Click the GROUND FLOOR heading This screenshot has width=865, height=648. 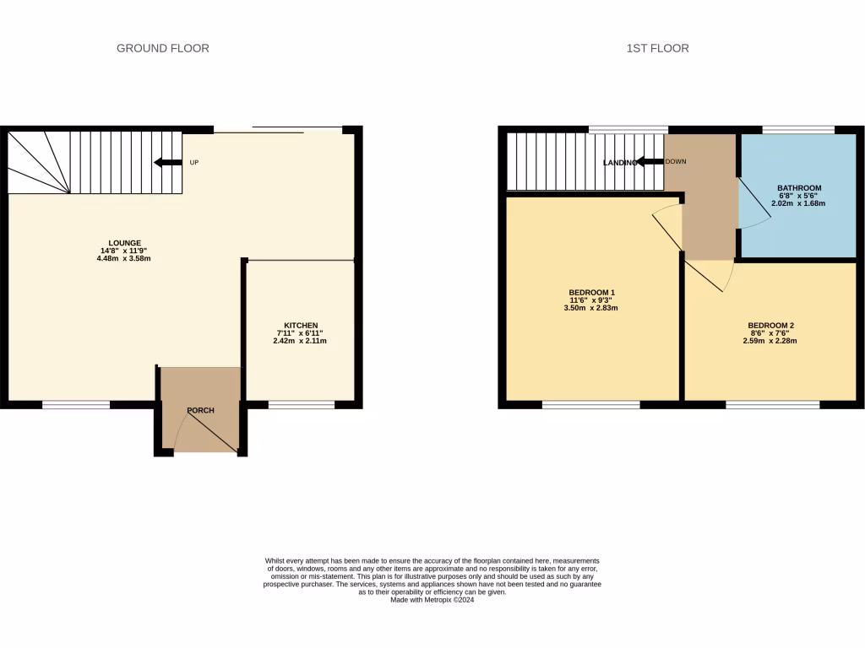click(163, 48)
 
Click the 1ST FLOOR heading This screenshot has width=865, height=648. click(657, 48)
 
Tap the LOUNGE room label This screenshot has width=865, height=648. click(124, 243)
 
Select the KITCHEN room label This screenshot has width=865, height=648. click(301, 326)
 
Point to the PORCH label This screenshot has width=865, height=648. click(200, 411)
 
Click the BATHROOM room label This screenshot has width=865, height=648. click(798, 188)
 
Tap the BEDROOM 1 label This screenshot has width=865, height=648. click(590, 293)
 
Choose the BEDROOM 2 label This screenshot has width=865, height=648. click(770, 326)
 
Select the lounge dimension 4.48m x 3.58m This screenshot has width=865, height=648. click(124, 258)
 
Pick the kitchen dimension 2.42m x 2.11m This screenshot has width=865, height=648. click(300, 341)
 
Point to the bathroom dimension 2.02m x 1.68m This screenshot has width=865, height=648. click(798, 203)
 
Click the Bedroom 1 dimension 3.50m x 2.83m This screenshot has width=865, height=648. click(590, 308)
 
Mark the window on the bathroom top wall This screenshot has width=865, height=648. click(798, 130)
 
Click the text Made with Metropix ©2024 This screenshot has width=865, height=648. click(432, 600)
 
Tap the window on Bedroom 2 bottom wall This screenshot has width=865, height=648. click(772, 405)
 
